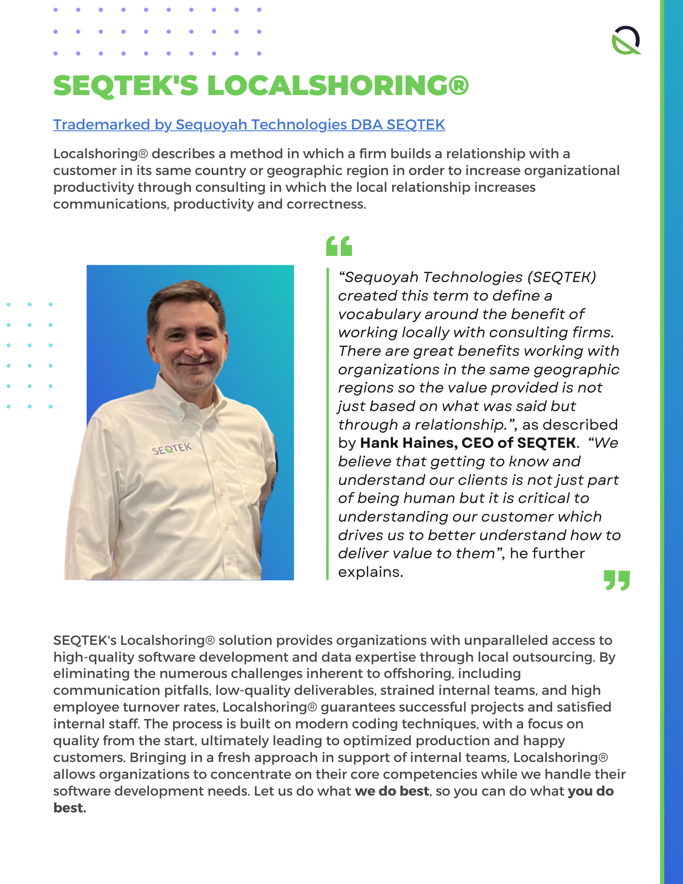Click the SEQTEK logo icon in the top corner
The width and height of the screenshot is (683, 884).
pos(626,40)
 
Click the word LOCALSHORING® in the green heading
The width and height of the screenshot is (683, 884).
pos(338,85)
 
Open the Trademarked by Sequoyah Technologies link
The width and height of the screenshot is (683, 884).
pos(249,125)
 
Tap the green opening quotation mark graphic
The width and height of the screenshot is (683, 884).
pos(339,246)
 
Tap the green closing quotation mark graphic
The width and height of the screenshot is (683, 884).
pos(617,580)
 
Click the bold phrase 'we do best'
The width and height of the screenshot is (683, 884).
pos(392,791)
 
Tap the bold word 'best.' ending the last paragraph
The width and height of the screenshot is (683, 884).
pos(69,808)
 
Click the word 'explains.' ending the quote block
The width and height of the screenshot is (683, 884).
pos(370,572)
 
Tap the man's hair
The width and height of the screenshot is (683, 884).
pos(186,294)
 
